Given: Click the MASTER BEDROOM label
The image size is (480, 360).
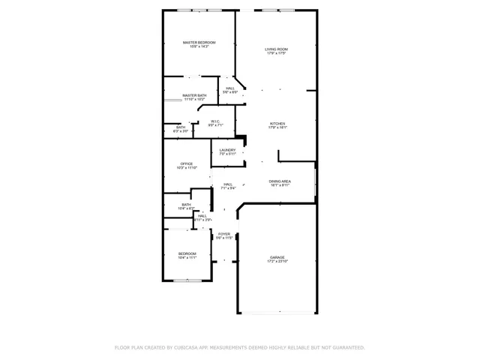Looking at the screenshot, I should (199, 43).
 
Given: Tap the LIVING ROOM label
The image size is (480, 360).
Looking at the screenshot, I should (276, 49).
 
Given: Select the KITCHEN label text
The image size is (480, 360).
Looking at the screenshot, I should (277, 124).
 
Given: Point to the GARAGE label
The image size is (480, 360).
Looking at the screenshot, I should (277, 257).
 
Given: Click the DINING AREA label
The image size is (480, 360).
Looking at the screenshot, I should (280, 181).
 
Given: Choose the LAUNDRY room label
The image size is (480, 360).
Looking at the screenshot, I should (227, 150).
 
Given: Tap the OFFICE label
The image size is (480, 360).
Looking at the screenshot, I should (186, 163).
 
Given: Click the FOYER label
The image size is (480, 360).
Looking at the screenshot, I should (224, 234).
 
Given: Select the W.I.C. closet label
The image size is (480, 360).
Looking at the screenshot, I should (215, 121).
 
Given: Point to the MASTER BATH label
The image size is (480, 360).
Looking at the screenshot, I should (194, 95).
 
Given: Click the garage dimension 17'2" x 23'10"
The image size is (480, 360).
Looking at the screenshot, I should (277, 262).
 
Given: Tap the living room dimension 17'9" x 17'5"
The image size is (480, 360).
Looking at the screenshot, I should (276, 54).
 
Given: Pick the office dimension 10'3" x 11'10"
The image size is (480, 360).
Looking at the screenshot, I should (186, 168).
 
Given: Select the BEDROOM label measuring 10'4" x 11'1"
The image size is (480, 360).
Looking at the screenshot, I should (187, 253).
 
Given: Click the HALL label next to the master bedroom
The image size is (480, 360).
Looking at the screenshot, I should (229, 88).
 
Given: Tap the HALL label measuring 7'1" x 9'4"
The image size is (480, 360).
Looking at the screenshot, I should (227, 184).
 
